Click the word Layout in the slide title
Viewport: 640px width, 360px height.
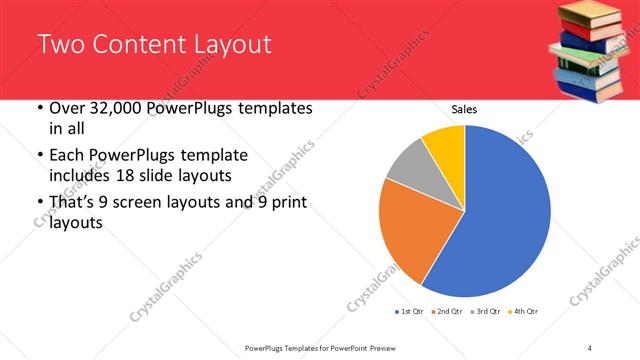click(226, 44)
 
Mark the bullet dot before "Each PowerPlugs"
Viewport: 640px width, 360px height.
click(39, 156)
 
